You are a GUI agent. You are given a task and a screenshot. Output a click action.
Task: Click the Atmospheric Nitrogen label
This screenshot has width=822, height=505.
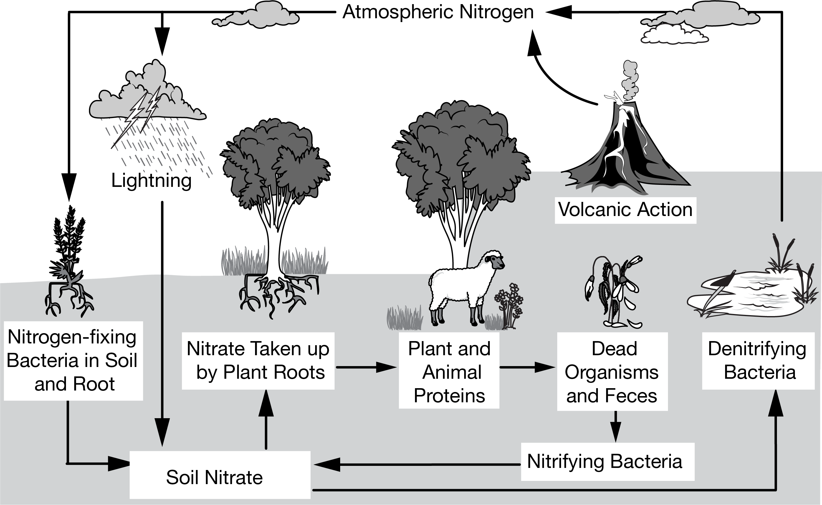click(438, 13)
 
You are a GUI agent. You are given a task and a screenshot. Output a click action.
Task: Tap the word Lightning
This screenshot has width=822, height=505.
click(151, 181)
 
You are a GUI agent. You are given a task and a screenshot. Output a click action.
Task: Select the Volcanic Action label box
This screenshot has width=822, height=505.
click(625, 210)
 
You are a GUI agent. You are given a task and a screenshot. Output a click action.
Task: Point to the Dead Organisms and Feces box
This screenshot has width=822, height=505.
click(612, 371)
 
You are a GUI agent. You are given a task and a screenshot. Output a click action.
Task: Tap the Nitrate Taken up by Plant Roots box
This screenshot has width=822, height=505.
click(258, 361)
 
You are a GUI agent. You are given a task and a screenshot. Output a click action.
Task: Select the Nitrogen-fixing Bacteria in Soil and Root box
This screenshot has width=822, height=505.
click(73, 361)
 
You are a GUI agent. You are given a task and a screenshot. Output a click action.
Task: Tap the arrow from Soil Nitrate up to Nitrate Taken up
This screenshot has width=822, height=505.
click(266, 421)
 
